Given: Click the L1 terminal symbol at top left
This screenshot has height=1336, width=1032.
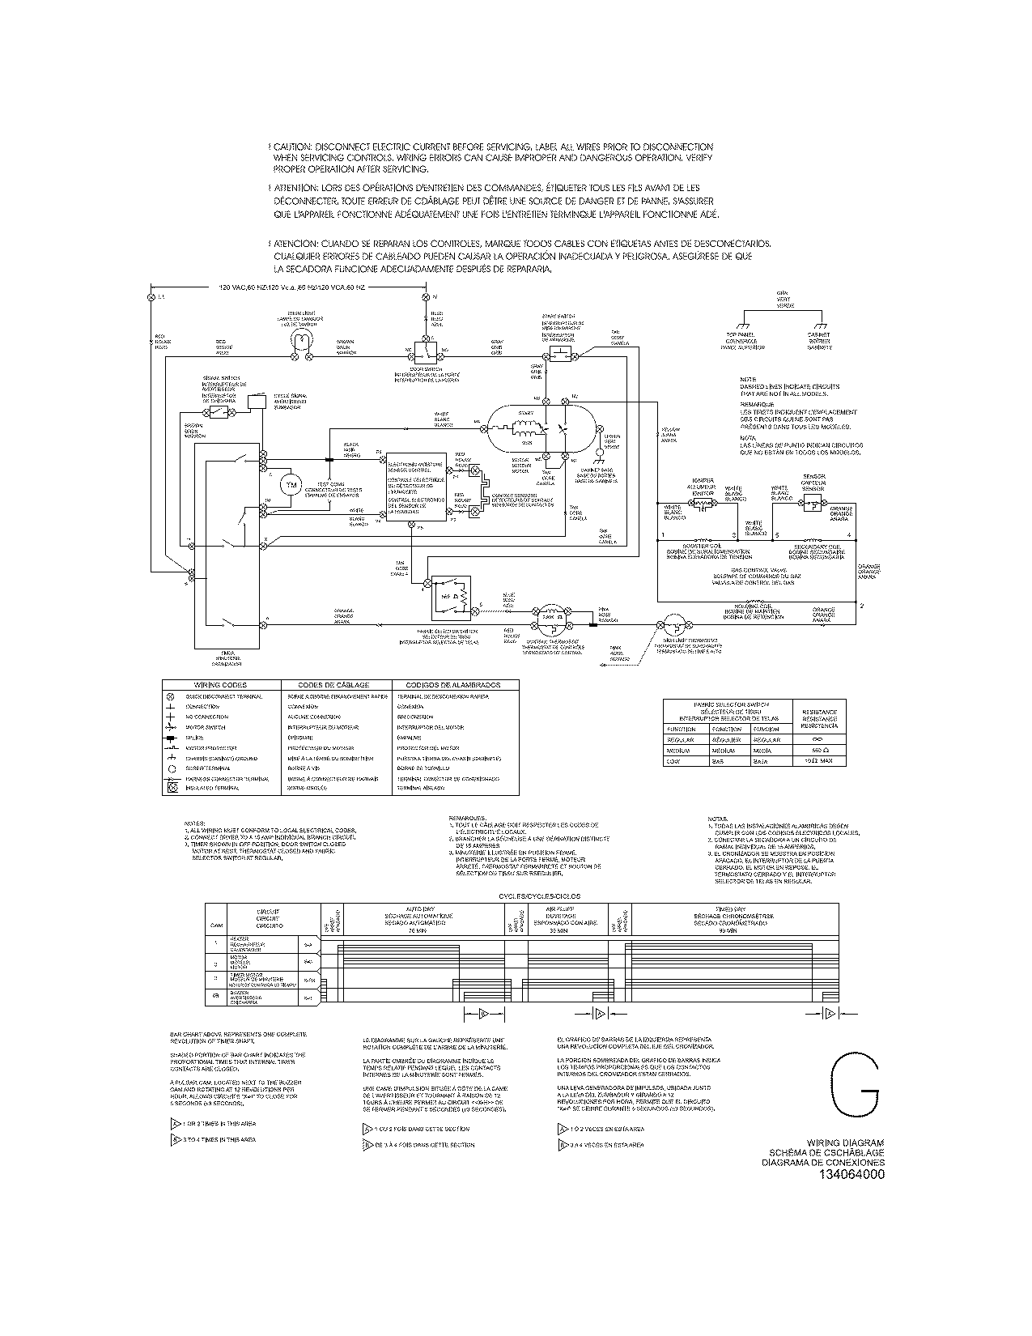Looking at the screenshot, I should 151,297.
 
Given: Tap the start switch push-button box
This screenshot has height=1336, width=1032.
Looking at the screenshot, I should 560,355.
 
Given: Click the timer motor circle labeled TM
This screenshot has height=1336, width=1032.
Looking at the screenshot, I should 289,485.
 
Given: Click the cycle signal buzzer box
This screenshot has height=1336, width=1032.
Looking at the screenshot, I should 257,402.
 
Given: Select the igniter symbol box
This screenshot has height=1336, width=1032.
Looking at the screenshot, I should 699,504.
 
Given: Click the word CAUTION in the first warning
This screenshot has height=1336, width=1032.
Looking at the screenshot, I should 293,147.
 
